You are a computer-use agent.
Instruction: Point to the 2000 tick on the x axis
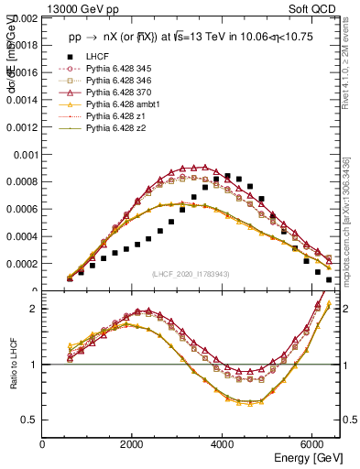point(134,444)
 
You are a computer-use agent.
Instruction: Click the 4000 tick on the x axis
point(224,444)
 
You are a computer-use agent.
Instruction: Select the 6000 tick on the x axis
point(313,444)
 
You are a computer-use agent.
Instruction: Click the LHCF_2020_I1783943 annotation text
point(191,275)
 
